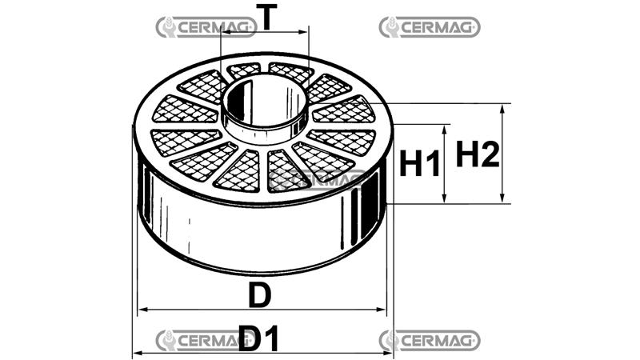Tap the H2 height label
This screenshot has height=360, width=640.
[478, 154]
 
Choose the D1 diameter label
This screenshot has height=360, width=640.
[259, 340]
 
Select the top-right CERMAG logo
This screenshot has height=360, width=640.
[430, 27]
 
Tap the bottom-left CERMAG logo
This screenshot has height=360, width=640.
[205, 339]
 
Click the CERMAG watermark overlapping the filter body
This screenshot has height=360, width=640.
[317, 180]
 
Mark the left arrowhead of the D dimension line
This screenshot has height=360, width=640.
[143, 310]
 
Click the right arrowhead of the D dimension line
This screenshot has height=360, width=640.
[382, 310]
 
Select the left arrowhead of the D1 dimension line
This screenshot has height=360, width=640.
[137, 353]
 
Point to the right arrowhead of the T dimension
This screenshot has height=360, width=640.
[303, 33]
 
